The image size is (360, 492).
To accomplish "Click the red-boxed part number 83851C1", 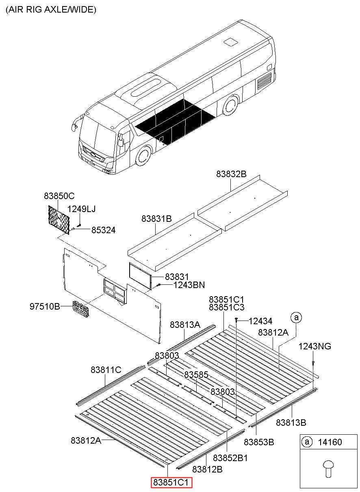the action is click(171, 482).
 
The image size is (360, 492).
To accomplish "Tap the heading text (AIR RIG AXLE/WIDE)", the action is click(51, 9).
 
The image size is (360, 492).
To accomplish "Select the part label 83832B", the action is click(231, 174).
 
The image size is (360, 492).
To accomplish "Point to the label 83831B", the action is click(156, 219).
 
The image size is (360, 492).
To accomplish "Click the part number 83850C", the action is click(59, 196).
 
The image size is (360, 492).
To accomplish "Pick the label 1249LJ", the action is click(81, 209).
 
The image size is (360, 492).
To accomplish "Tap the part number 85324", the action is click(103, 230).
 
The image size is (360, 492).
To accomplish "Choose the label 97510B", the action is click(45, 306).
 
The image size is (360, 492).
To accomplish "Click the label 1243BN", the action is click(189, 285).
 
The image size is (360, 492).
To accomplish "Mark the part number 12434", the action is click(260, 321).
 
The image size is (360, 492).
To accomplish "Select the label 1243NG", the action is click(314, 347).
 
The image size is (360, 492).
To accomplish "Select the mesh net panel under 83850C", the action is click(59, 220).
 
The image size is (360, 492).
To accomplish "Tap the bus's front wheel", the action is click(144, 156).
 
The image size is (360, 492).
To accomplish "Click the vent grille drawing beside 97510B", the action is click(81, 309).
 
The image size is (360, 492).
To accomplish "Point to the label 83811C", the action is click(106, 370).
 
